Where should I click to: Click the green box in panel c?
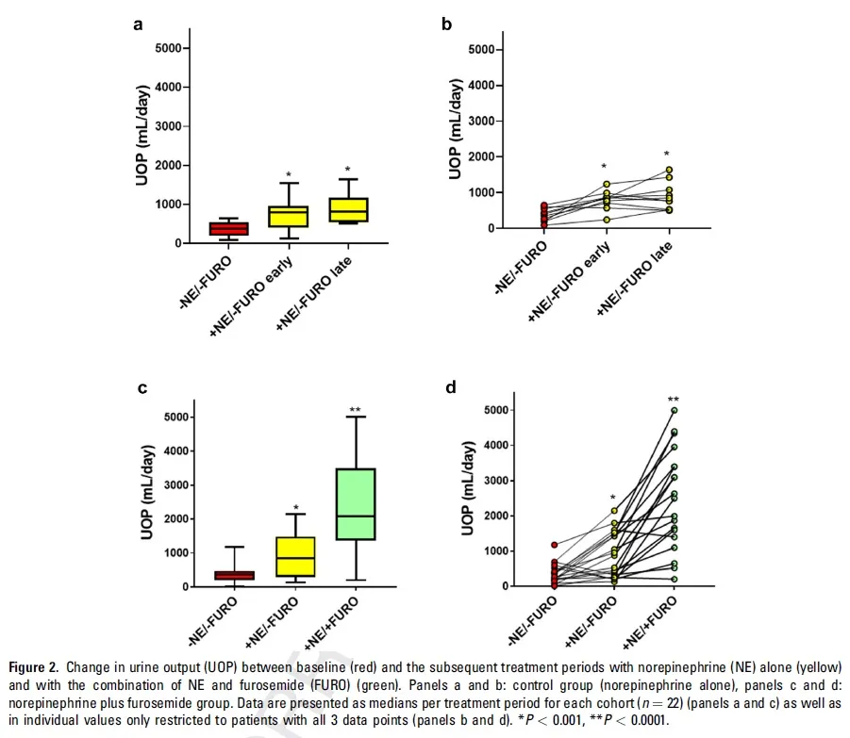tap(356, 504)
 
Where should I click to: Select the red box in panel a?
tap(229, 229)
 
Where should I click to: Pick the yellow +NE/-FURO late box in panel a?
tap(346, 209)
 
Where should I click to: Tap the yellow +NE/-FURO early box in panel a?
tap(288, 217)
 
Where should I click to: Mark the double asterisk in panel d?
tap(674, 399)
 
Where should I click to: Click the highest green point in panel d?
tap(674, 410)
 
